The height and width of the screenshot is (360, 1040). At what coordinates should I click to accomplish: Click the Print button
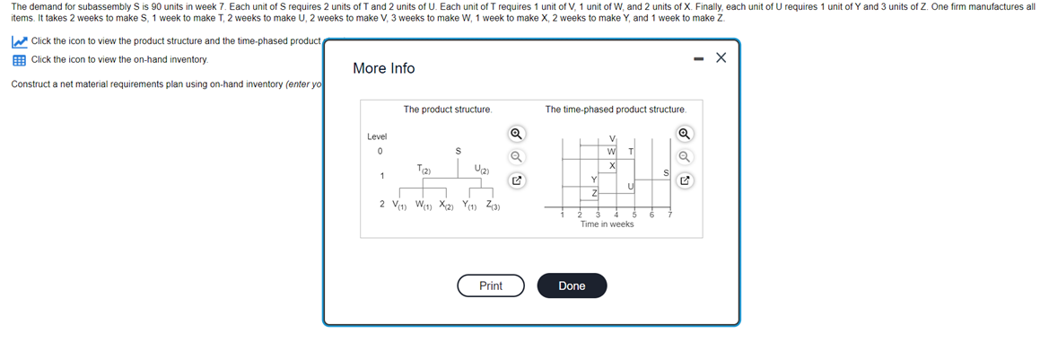tap(491, 285)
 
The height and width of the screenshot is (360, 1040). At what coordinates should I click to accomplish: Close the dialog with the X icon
tap(721, 58)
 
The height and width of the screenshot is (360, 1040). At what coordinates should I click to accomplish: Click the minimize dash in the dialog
tap(697, 58)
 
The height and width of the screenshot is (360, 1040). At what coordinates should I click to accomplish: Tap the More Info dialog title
tap(384, 68)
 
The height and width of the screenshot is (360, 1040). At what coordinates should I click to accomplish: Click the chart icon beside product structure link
tap(18, 42)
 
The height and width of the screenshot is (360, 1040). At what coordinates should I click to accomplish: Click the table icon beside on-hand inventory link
tap(18, 59)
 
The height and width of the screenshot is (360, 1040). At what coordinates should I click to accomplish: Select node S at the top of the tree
tap(458, 151)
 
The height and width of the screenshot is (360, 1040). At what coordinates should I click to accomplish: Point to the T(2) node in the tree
tap(424, 169)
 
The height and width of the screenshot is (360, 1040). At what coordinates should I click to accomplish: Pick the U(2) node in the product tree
tap(480, 169)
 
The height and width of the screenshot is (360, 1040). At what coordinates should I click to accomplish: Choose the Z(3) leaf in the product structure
tap(493, 205)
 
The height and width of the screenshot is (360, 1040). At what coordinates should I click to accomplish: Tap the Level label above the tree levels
tap(378, 136)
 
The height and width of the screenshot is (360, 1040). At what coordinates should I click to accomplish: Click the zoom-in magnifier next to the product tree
tap(516, 135)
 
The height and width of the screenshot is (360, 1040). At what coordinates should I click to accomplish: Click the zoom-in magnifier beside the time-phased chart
tap(685, 135)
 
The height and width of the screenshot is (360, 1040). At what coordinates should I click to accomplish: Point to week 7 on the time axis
tap(669, 215)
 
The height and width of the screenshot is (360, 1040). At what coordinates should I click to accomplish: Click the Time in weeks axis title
tap(607, 224)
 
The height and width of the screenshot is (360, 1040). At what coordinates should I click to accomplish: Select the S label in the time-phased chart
tap(666, 172)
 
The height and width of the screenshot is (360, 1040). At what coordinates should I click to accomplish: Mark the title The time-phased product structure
tap(616, 110)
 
